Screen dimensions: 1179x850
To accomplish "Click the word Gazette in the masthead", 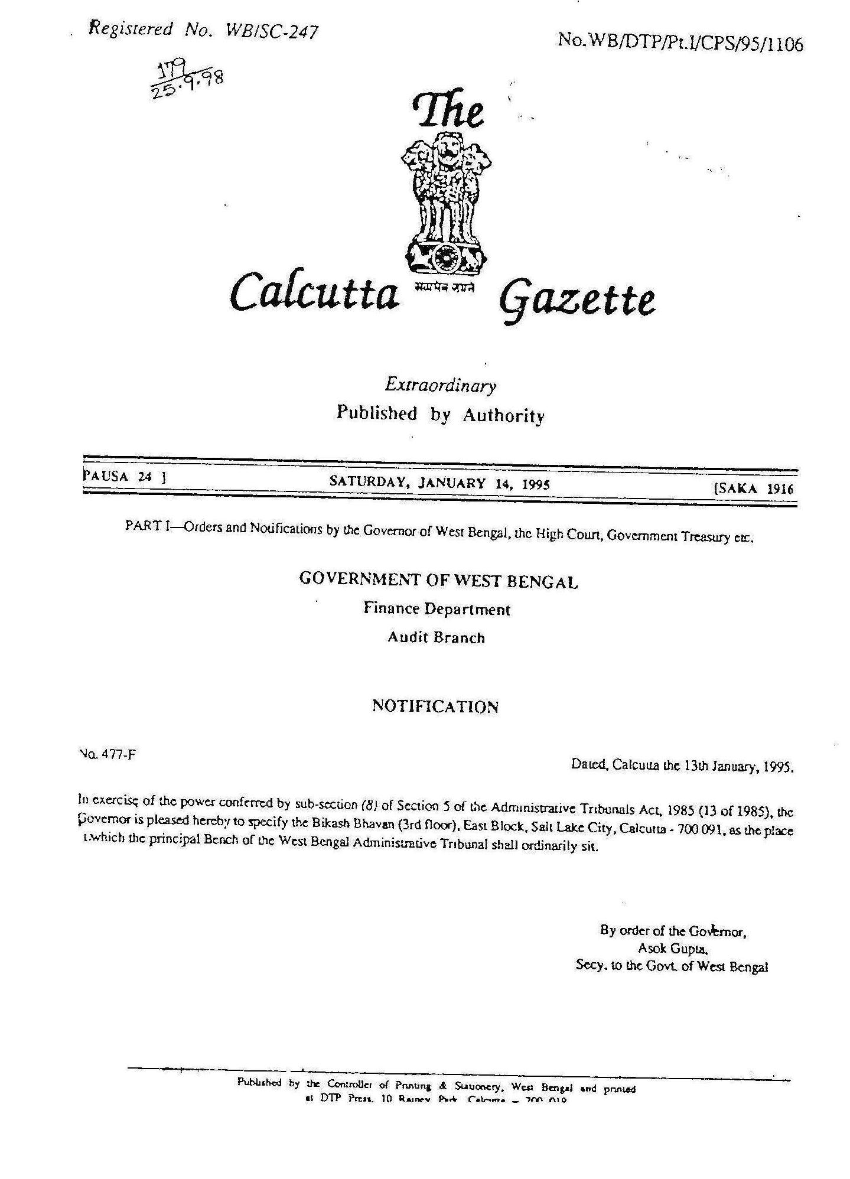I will [x=578, y=301].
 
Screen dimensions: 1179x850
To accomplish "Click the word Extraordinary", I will [x=440, y=386].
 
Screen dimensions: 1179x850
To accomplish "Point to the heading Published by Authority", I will [x=440, y=414].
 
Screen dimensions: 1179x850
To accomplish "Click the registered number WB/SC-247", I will [x=272, y=31].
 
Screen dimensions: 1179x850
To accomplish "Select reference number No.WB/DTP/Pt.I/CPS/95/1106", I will [x=680, y=43].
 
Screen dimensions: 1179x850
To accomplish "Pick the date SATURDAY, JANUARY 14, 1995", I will [x=439, y=483].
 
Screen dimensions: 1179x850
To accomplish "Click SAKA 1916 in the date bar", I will [x=754, y=488].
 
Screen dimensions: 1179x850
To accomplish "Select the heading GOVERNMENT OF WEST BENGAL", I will [x=438, y=580].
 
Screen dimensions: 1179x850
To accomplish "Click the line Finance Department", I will [x=437, y=608].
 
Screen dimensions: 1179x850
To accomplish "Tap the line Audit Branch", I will [x=436, y=637].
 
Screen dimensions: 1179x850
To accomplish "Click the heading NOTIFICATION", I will [x=435, y=706].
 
